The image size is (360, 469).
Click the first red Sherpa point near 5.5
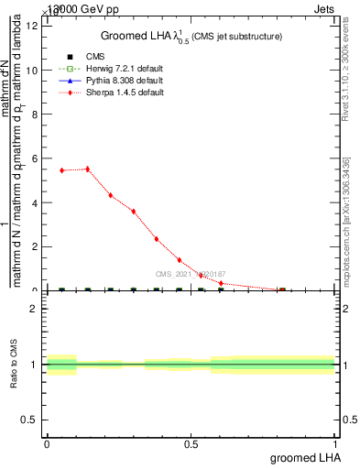click(61, 170)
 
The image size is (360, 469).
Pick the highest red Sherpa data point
click(87, 169)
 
